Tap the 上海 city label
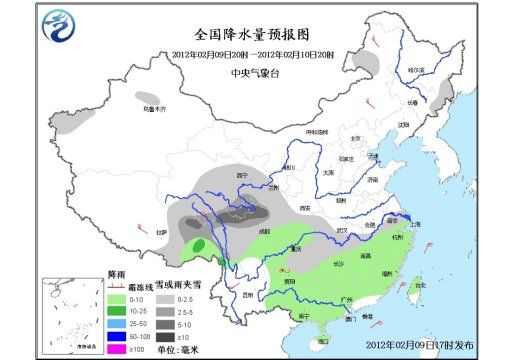tap(414, 226)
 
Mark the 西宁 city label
tap(241, 175)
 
